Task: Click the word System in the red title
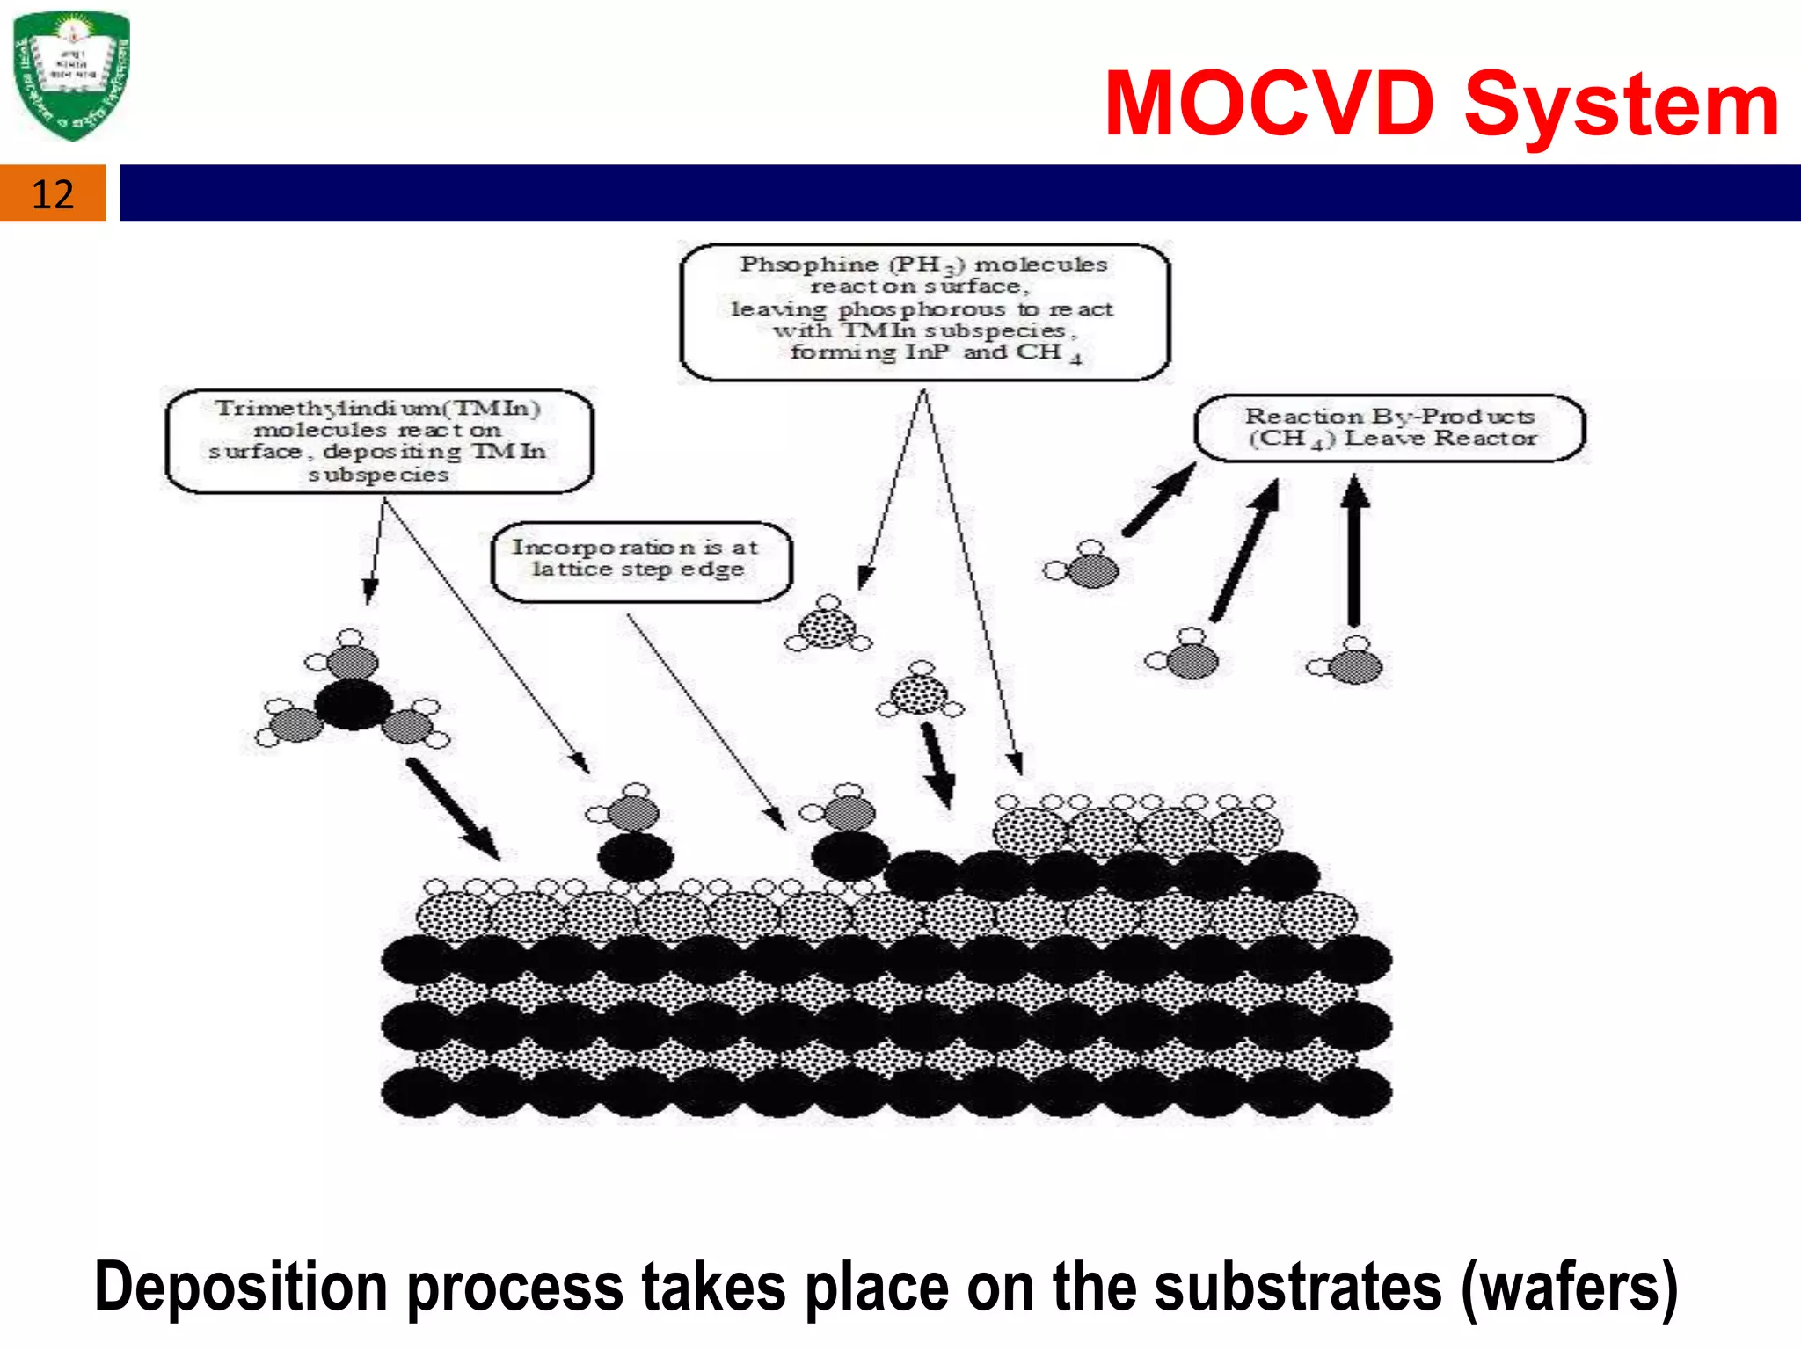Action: point(1621,105)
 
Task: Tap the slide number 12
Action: point(53,194)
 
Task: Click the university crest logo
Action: point(72,76)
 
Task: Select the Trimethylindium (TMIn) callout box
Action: point(379,441)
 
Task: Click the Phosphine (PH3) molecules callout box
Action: point(924,312)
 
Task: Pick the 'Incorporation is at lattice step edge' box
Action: point(640,561)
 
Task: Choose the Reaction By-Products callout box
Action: point(1389,428)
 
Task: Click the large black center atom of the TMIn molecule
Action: point(353,704)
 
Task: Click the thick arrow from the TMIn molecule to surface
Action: point(453,809)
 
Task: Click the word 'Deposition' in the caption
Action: point(240,1287)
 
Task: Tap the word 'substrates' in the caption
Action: point(1298,1287)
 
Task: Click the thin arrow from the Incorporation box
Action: point(705,721)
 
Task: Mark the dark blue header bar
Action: point(959,193)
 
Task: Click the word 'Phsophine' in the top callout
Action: point(809,264)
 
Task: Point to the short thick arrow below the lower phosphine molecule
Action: point(937,764)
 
